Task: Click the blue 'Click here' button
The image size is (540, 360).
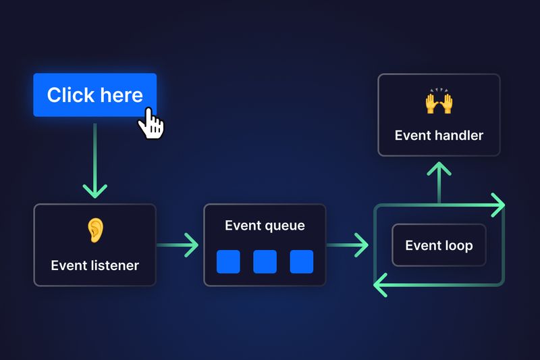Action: point(94,95)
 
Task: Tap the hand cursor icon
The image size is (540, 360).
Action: point(152,124)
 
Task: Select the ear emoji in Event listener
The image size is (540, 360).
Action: point(94,230)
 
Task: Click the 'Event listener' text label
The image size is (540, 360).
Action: point(94,265)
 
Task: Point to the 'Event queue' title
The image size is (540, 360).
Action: point(265,226)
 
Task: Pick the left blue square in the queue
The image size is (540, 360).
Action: point(228,261)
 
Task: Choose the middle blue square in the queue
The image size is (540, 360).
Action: point(265,261)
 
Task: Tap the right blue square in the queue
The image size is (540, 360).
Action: point(301,261)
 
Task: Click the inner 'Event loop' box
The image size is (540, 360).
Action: point(439,245)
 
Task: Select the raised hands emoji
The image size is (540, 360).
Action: point(439,103)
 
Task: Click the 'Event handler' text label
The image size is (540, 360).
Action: point(439,135)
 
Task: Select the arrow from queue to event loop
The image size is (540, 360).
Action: point(348,245)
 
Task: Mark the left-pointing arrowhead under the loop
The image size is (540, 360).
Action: point(381,285)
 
